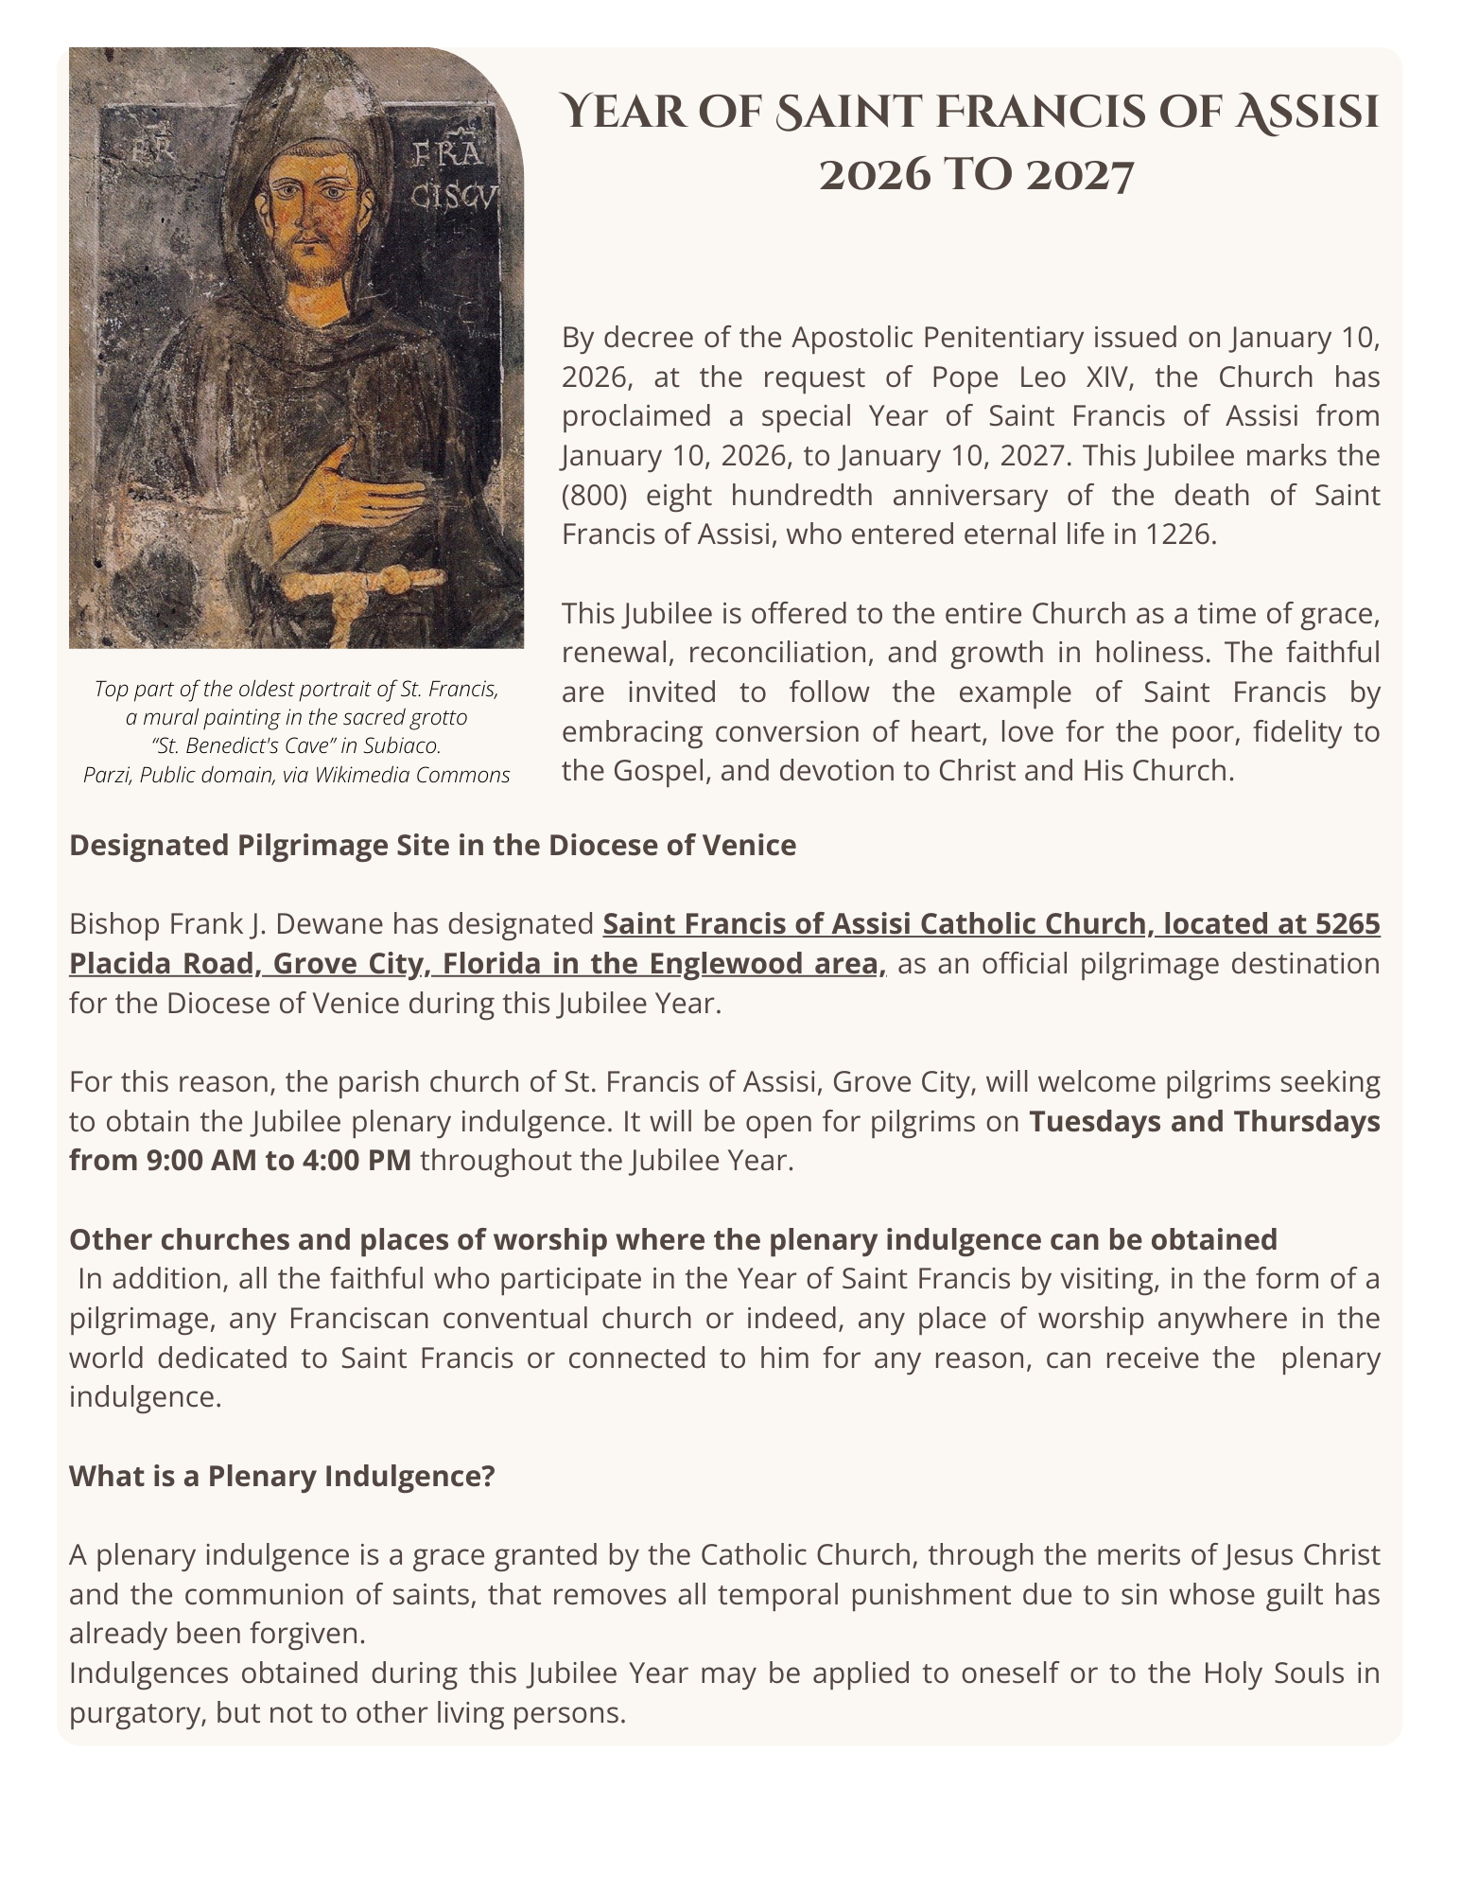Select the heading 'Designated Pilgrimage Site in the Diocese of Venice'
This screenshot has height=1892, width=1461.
point(432,845)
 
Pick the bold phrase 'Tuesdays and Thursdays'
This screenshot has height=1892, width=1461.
point(1204,1121)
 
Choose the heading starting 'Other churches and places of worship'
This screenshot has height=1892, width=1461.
point(672,1239)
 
